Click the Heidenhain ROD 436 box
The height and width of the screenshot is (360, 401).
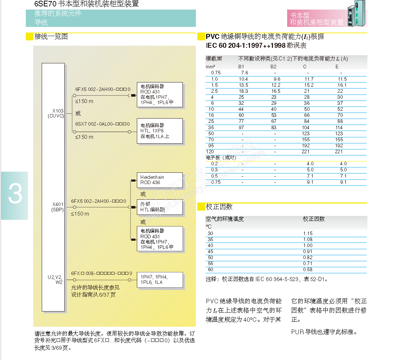(x=160, y=180)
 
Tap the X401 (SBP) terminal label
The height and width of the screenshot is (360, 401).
(x=57, y=207)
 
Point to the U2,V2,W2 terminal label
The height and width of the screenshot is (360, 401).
(x=56, y=280)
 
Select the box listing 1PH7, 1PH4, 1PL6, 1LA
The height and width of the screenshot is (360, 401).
(x=160, y=280)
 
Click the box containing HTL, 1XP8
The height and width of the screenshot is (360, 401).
(x=160, y=131)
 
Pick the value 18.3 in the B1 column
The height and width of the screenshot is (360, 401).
(x=243, y=91)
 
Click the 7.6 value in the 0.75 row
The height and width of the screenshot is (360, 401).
(x=244, y=73)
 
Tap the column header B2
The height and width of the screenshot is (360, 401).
(x=274, y=67)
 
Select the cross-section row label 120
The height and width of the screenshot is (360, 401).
(x=210, y=152)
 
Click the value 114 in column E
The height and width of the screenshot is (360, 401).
(x=339, y=127)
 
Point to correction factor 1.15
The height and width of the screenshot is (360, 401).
(x=308, y=233)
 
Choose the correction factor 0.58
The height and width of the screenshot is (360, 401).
(x=308, y=269)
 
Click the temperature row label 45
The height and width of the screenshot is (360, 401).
(x=210, y=251)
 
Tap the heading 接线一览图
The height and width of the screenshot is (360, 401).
(x=51, y=36)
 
